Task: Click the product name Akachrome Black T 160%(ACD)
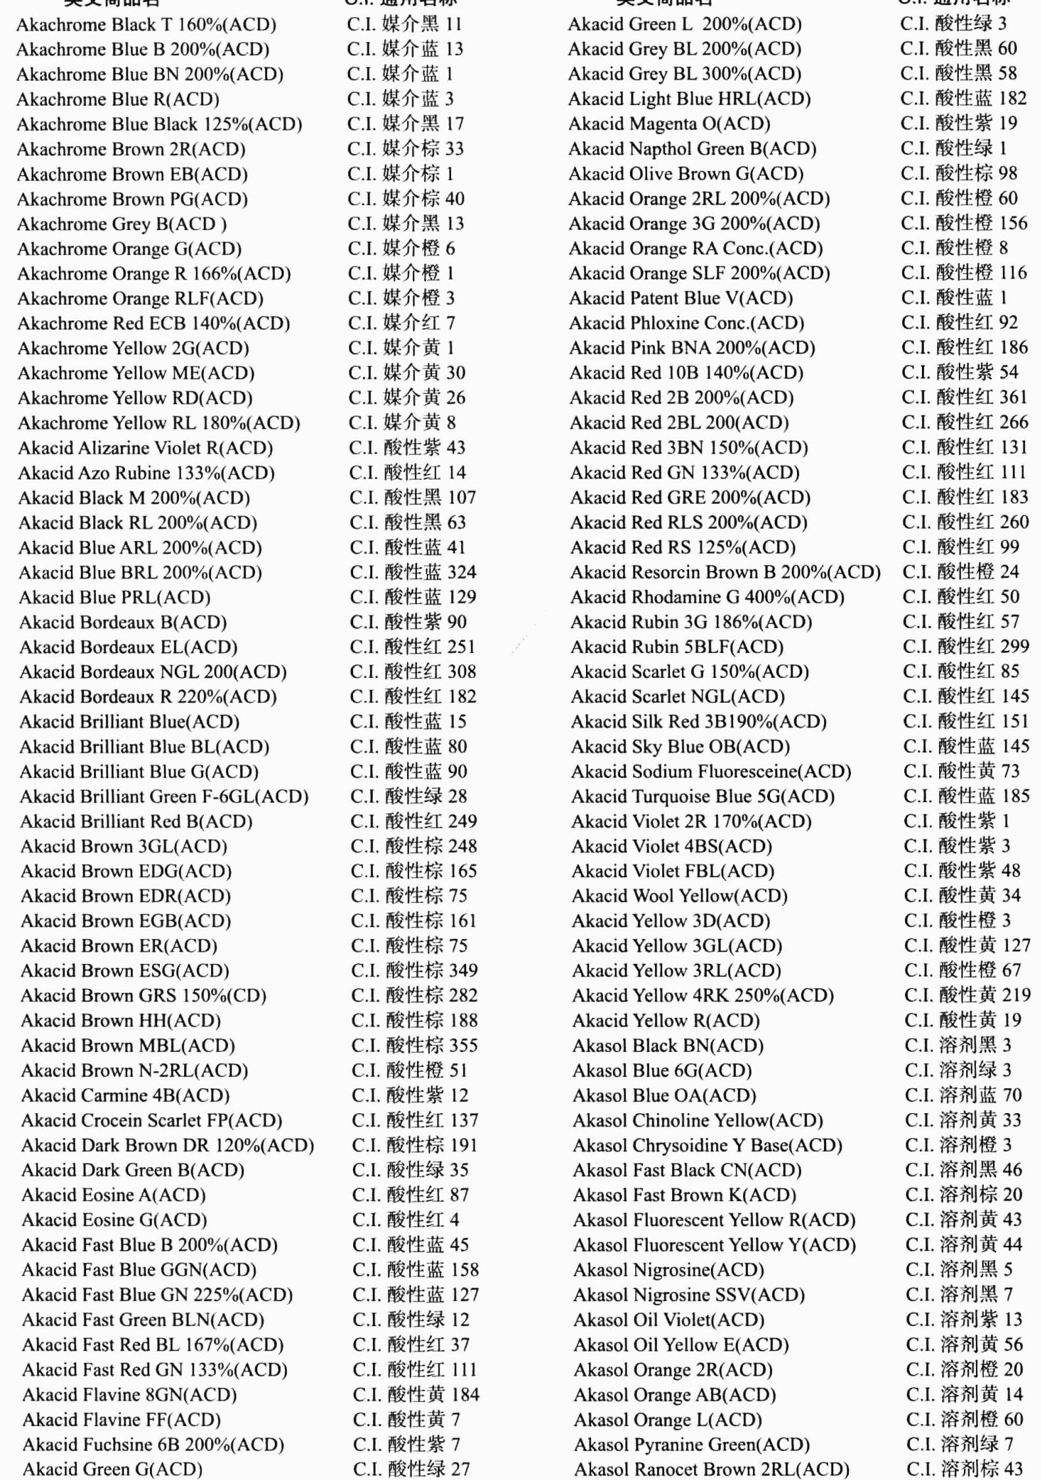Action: (146, 25)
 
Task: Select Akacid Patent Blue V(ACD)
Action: (681, 298)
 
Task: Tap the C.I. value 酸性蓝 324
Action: (413, 572)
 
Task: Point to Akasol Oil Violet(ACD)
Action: (668, 1320)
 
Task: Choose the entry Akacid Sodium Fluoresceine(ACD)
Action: (711, 771)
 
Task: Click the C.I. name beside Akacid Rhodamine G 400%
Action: (961, 597)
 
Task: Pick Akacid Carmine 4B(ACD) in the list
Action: (125, 1095)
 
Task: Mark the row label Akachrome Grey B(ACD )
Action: (122, 224)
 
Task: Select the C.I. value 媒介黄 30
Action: (406, 373)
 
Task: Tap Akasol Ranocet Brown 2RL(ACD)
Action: (712, 1469)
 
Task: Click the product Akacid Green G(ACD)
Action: (112, 1469)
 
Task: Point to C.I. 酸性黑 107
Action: (412, 498)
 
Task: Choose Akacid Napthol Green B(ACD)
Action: (692, 149)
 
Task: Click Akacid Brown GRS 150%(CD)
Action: (143, 995)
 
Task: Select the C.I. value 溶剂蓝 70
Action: (963, 1095)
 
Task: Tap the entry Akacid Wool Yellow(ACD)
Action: (679, 895)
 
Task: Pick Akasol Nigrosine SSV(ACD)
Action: (689, 1295)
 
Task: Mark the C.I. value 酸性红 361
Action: (965, 397)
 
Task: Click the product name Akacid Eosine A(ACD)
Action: (113, 1195)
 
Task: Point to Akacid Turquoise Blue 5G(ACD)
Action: (702, 796)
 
